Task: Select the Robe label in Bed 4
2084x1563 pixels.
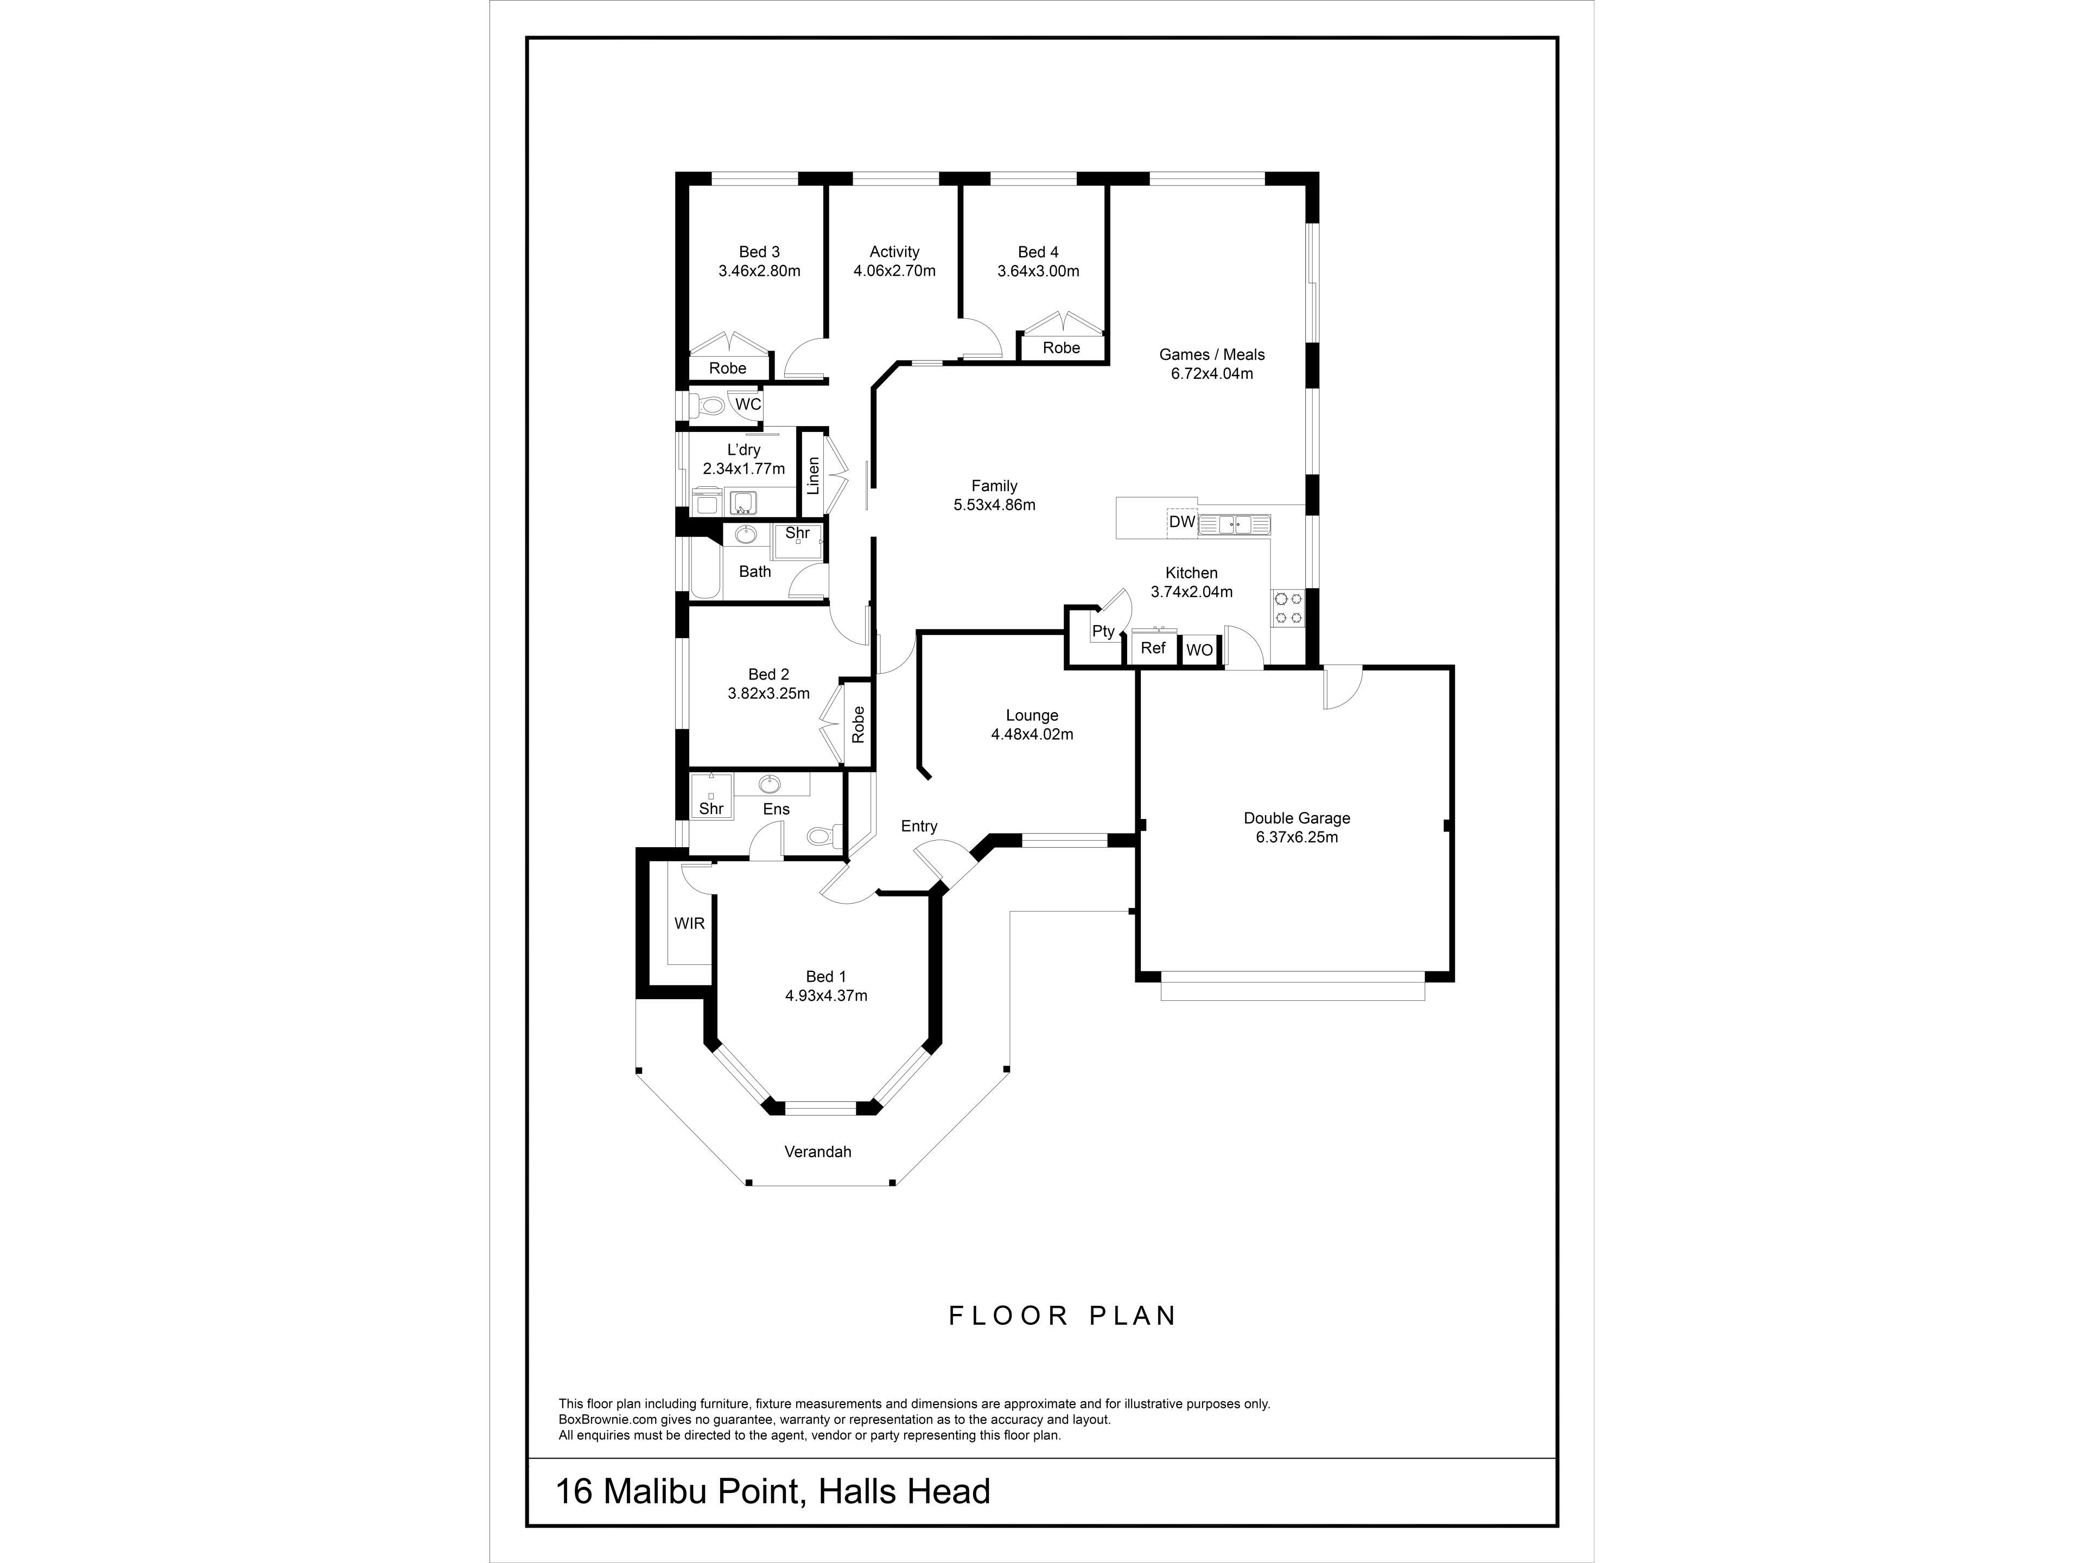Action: (1061, 348)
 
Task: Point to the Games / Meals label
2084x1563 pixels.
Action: (1211, 354)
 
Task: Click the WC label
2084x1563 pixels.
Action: (748, 404)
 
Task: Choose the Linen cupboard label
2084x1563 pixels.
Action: (813, 476)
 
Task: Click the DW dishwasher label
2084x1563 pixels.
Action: (1181, 522)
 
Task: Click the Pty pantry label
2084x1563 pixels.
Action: (1103, 631)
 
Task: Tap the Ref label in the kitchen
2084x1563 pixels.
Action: (1153, 648)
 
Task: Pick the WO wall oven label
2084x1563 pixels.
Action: (1199, 650)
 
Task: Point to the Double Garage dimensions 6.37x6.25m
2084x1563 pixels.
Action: (1297, 837)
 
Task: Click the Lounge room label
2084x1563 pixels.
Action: (1032, 715)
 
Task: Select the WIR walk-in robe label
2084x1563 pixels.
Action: (690, 923)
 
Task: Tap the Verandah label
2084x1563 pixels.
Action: (818, 1151)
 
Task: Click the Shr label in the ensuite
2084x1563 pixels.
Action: (711, 808)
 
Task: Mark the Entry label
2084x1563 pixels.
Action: (919, 826)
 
